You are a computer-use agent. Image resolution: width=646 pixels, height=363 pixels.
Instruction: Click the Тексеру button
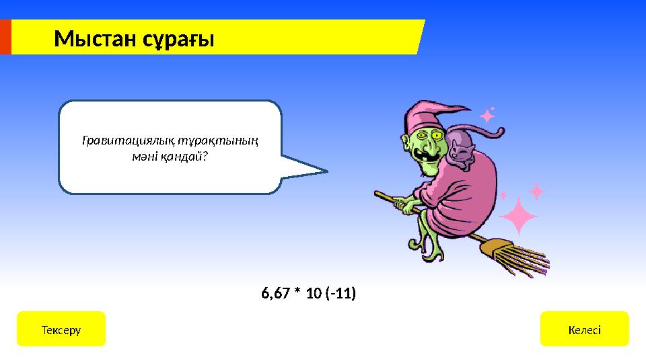coord(61,329)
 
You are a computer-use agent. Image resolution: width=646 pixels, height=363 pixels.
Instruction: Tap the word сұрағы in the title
coord(178,40)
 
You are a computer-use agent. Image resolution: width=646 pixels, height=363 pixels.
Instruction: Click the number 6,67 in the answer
coord(275,294)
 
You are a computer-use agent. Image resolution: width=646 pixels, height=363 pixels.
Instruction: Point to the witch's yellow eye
coord(437,136)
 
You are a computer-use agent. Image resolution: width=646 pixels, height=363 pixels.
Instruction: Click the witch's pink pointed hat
coord(421,114)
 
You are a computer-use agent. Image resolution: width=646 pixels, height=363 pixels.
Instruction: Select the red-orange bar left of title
coord(5,37)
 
